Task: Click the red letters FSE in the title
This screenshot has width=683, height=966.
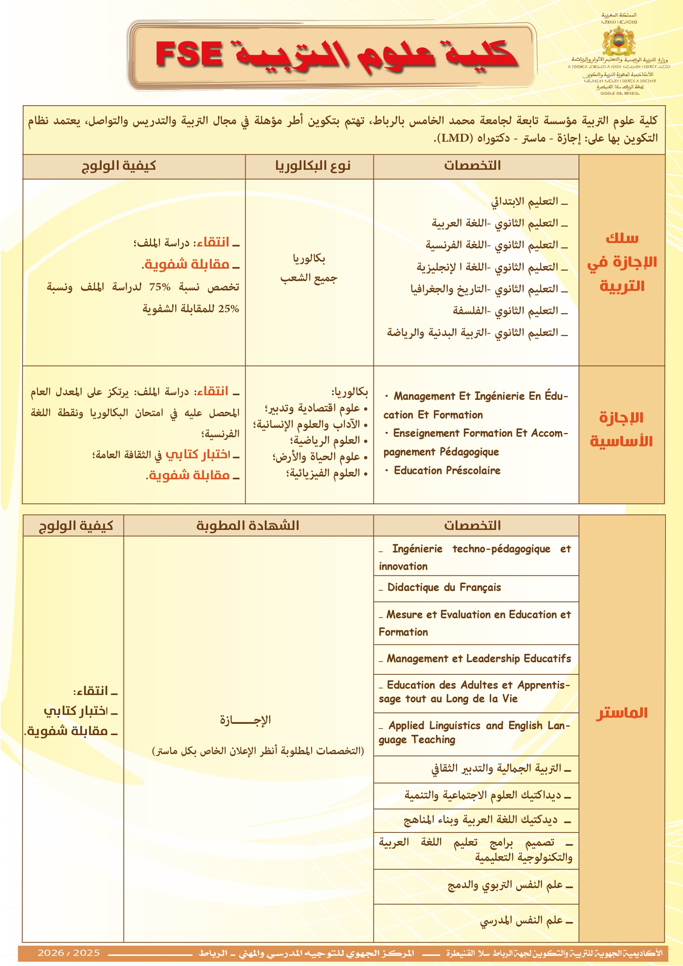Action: click(189, 54)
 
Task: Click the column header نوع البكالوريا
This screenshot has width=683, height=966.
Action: click(313, 166)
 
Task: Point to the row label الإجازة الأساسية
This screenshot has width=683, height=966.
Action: click(621, 429)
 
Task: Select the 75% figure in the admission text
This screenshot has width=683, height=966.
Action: click(160, 287)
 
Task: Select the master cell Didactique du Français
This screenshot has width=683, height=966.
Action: click(444, 587)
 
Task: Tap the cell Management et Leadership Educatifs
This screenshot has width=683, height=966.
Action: click(479, 658)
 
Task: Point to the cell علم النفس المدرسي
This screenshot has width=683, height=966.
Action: click(522, 920)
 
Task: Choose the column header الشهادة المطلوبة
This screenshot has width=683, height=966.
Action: click(248, 526)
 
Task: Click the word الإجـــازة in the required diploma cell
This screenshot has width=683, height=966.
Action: click(245, 720)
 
